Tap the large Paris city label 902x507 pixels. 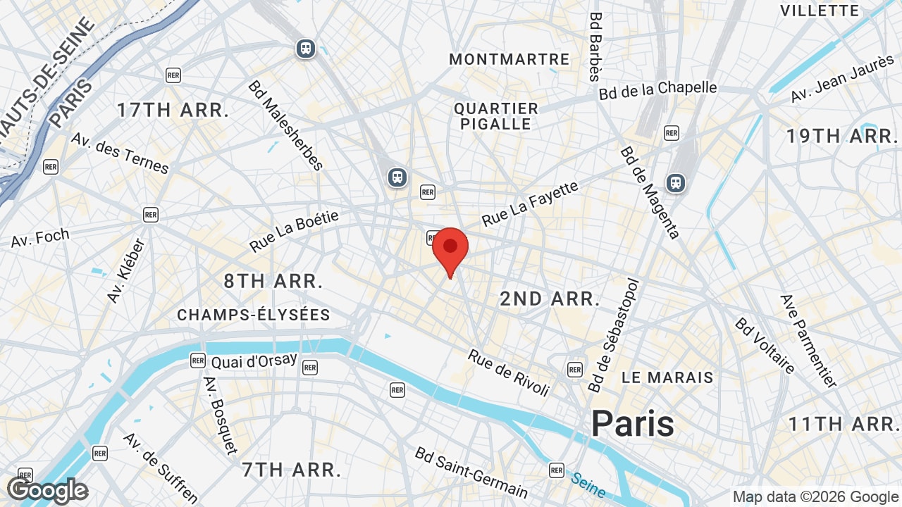tap(632, 424)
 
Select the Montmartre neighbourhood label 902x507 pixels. tap(509, 59)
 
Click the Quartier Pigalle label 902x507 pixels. tap(496, 116)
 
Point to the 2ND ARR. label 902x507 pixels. tap(550, 299)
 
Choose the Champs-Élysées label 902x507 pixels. tap(254, 315)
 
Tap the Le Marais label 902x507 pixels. tap(667, 377)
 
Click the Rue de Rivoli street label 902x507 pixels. tap(507, 373)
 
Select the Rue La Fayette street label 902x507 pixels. tap(530, 204)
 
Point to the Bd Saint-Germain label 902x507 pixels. tap(471, 472)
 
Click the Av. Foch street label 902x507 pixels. tap(40, 238)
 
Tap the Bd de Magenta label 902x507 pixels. tap(650, 192)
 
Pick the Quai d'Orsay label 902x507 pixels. tap(254, 361)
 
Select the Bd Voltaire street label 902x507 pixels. tap(765, 345)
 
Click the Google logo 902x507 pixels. tap(47, 491)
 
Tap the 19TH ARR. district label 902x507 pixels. tap(841, 136)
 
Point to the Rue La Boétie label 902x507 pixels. tap(294, 231)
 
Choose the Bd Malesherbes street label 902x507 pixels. tap(285, 125)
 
